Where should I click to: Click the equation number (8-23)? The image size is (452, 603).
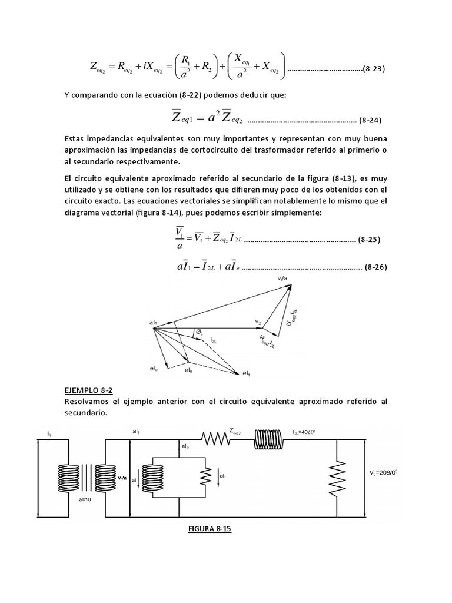point(373,69)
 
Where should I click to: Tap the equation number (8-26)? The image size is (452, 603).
point(375,266)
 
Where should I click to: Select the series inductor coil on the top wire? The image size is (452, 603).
point(271,438)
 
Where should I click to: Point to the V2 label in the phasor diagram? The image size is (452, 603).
point(258,322)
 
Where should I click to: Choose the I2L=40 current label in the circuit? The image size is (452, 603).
point(305,433)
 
